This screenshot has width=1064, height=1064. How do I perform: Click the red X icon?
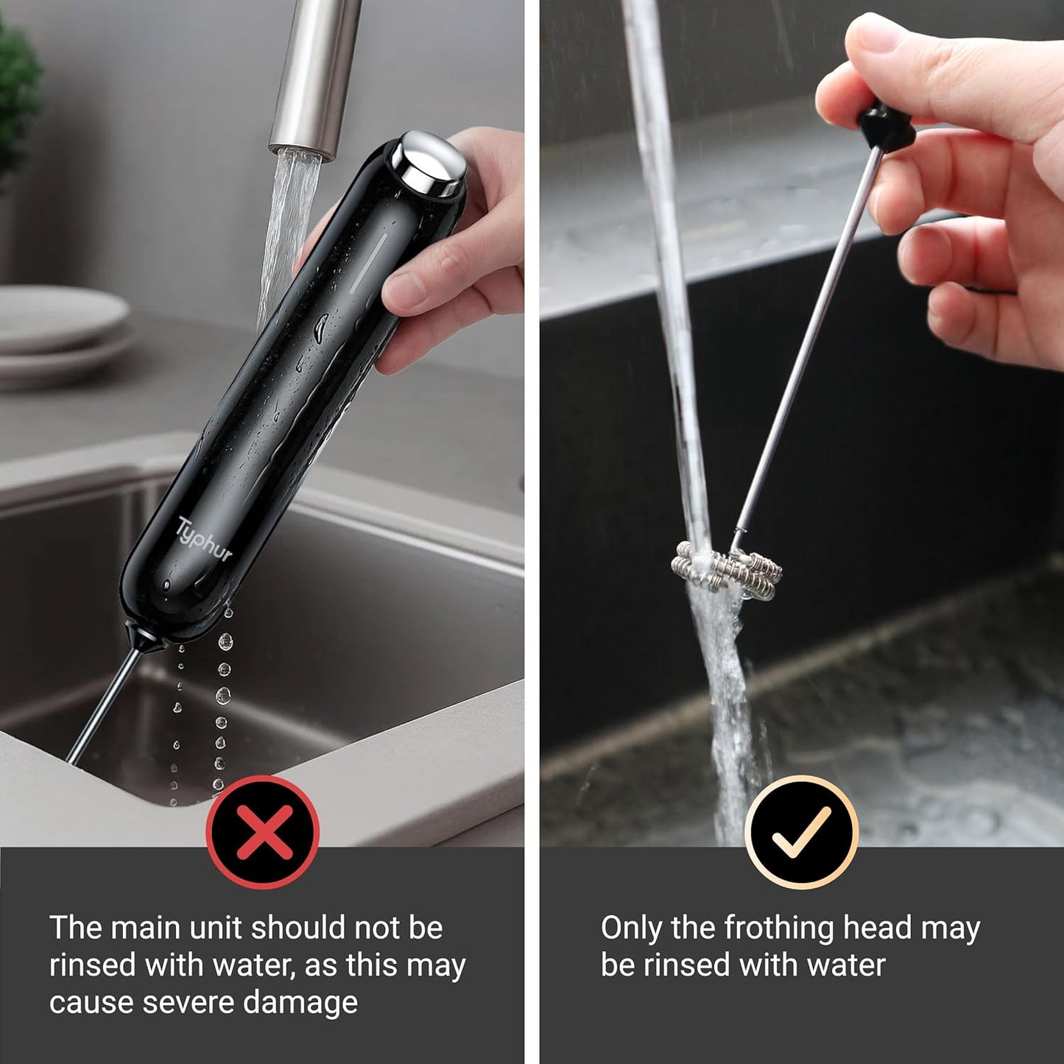pos(262,832)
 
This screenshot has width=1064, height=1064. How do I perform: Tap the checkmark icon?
pos(801,832)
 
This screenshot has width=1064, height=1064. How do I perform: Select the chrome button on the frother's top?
pos(428,163)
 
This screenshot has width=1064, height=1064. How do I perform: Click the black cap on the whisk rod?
pos(885,128)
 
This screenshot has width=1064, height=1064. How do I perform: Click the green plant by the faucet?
pos(16,96)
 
